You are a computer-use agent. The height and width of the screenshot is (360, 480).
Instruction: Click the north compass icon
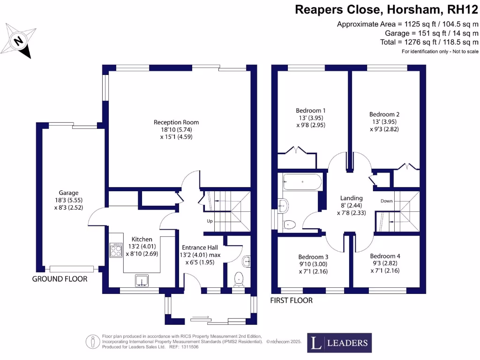(x=20, y=41)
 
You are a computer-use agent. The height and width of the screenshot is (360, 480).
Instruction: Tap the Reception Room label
(x=173, y=122)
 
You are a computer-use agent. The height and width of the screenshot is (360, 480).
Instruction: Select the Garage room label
(x=68, y=193)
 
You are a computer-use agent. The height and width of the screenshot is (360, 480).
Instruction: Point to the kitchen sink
(x=142, y=281)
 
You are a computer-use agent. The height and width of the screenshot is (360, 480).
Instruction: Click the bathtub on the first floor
(x=302, y=181)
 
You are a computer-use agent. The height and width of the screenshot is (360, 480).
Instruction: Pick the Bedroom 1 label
(x=311, y=111)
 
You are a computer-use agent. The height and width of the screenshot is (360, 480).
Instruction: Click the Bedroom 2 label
(x=384, y=114)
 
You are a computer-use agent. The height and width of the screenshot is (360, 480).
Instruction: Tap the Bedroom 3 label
(x=313, y=257)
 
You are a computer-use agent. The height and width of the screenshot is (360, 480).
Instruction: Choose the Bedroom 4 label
(x=385, y=256)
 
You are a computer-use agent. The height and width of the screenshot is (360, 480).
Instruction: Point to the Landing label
(x=351, y=198)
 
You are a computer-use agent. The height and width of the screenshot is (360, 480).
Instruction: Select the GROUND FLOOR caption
(x=60, y=279)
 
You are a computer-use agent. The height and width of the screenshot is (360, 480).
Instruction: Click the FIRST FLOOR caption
(x=292, y=300)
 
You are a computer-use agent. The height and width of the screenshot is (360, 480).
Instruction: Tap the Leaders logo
(x=339, y=343)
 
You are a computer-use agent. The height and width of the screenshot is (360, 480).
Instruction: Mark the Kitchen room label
(x=142, y=239)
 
